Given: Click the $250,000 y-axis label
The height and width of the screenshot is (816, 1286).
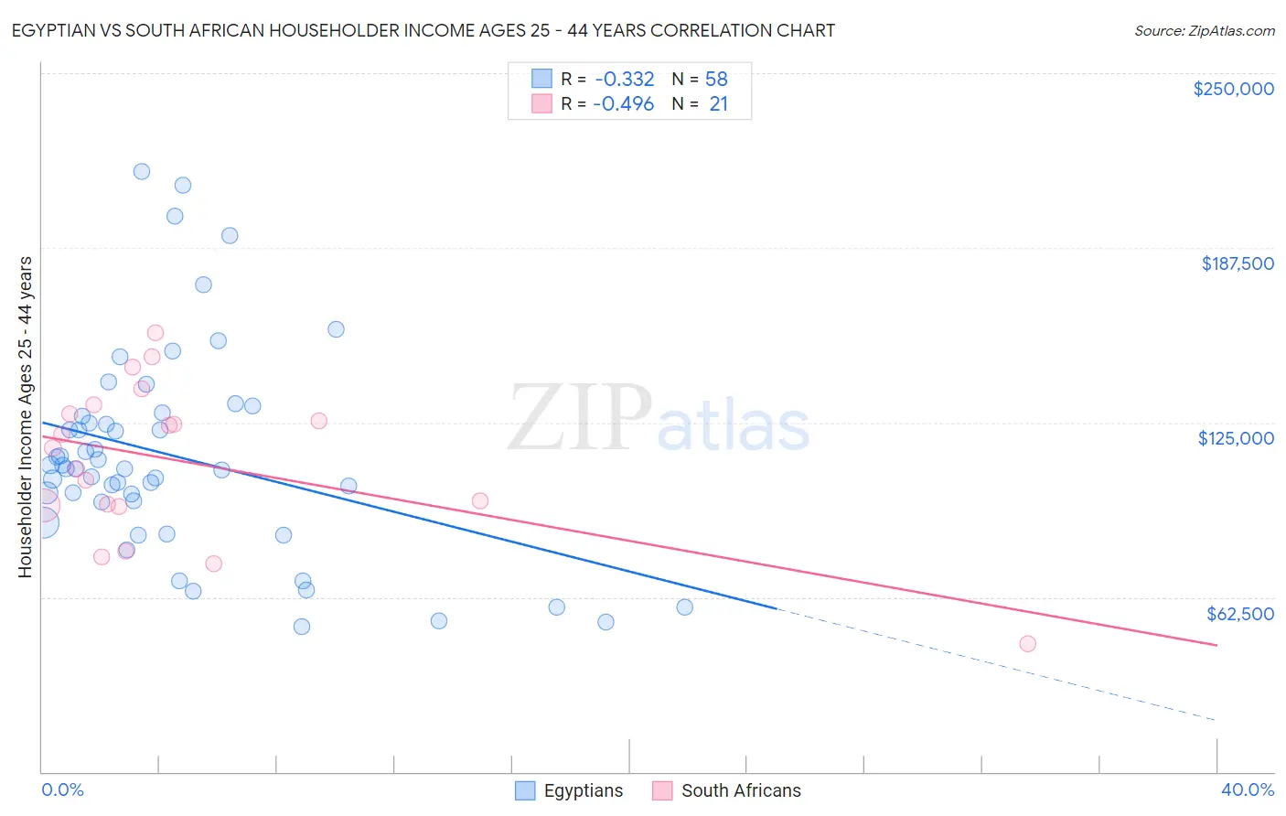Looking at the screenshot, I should pyautogui.click(x=1233, y=89).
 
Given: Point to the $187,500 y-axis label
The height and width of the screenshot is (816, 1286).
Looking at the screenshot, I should pyautogui.click(x=1237, y=263).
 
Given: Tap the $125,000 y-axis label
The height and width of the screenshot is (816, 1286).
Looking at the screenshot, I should pyautogui.click(x=1236, y=438).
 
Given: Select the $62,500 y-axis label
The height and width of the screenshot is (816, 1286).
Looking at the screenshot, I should pyautogui.click(x=1239, y=614).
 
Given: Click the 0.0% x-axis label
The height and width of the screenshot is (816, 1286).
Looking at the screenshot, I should pyautogui.click(x=62, y=789).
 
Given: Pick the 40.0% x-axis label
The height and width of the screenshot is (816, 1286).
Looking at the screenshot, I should pyautogui.click(x=1247, y=789).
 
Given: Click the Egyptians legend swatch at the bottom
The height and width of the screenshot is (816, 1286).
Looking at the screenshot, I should pyautogui.click(x=525, y=790).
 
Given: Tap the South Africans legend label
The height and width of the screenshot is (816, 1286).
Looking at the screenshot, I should pyautogui.click(x=741, y=790).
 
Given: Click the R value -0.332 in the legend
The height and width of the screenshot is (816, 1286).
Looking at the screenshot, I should pyautogui.click(x=624, y=80).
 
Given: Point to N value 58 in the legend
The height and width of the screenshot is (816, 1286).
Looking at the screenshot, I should pyautogui.click(x=716, y=80).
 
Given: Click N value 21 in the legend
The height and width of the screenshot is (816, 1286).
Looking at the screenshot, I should pyautogui.click(x=718, y=104).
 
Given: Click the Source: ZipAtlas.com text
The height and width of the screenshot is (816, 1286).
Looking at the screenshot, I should pyautogui.click(x=1204, y=31).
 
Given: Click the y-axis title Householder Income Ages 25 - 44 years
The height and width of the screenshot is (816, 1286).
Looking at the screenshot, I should pyautogui.click(x=25, y=417).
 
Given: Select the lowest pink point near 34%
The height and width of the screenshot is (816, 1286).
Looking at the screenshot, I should pyautogui.click(x=1027, y=644).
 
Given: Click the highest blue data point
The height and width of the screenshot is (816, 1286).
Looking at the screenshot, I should pyautogui.click(x=142, y=171).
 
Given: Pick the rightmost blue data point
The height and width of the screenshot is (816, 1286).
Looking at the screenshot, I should pyautogui.click(x=684, y=607).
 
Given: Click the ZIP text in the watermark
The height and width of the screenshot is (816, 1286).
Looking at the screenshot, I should pyautogui.click(x=580, y=418).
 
